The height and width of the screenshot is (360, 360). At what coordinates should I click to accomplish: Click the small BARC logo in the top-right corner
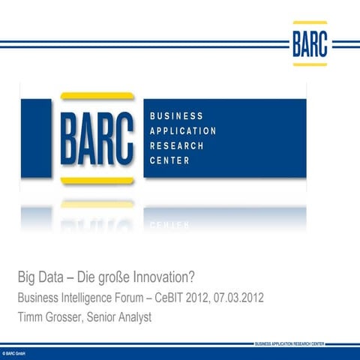pyautogui.click(x=310, y=43)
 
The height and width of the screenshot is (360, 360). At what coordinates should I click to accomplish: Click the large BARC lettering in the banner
pyautogui.click(x=98, y=138)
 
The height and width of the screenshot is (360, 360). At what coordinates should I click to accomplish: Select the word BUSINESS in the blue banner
pyautogui.click(x=176, y=116)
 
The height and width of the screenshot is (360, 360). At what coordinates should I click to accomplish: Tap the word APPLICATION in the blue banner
pyautogui.click(x=184, y=131)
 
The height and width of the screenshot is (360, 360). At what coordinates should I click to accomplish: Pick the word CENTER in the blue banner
pyautogui.click(x=170, y=161)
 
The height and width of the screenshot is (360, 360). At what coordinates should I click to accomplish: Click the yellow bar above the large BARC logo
pyautogui.click(x=97, y=96)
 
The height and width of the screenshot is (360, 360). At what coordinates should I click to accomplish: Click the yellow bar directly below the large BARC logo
pyautogui.click(x=97, y=181)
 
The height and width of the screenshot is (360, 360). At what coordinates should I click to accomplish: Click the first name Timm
pyautogui.click(x=31, y=317)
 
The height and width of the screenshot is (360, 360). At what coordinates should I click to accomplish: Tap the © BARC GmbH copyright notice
pyautogui.click(x=15, y=351)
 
